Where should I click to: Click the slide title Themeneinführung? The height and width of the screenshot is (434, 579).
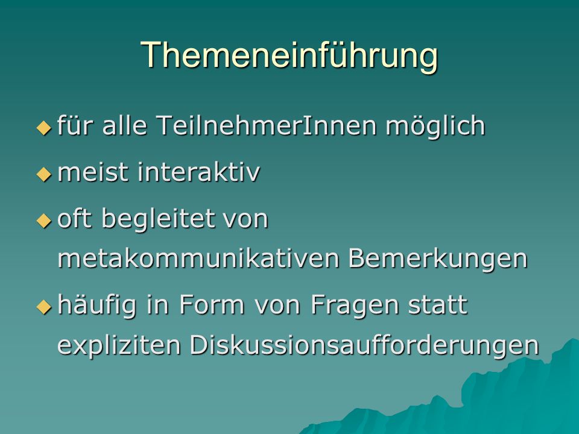289,55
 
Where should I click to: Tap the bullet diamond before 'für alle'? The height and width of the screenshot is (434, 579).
44,128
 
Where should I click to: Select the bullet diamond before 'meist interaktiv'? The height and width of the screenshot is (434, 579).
44,174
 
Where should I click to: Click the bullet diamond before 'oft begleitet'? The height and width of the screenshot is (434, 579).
44,221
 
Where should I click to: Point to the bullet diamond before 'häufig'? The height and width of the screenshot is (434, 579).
44,306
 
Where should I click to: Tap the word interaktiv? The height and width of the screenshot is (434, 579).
198,172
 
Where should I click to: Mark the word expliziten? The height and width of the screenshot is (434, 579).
119,346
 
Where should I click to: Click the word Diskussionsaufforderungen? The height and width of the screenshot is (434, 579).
364,346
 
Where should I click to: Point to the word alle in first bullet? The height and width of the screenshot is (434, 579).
125,125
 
